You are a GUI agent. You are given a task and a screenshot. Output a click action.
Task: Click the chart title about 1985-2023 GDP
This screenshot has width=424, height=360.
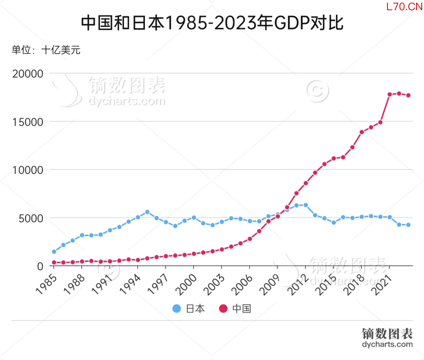pos(212,23)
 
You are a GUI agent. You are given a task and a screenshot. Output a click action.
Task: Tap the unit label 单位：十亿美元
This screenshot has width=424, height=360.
pos(46,50)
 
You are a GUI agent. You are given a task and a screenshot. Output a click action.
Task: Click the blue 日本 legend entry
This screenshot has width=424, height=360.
pos(189,309)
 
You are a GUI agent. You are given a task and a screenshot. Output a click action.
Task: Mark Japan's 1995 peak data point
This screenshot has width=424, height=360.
pos(147,212)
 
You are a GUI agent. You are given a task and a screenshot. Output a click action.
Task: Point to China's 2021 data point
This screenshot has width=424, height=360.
pos(389,95)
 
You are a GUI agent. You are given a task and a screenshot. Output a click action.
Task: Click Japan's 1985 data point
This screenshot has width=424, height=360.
pos(54,252)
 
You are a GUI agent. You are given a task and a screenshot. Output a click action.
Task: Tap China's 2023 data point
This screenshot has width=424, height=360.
pos(408,95)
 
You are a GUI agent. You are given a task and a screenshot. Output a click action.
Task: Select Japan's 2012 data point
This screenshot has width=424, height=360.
pos(306,205)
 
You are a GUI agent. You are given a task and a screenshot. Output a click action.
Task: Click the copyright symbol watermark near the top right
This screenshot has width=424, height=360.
pos(317,91)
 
